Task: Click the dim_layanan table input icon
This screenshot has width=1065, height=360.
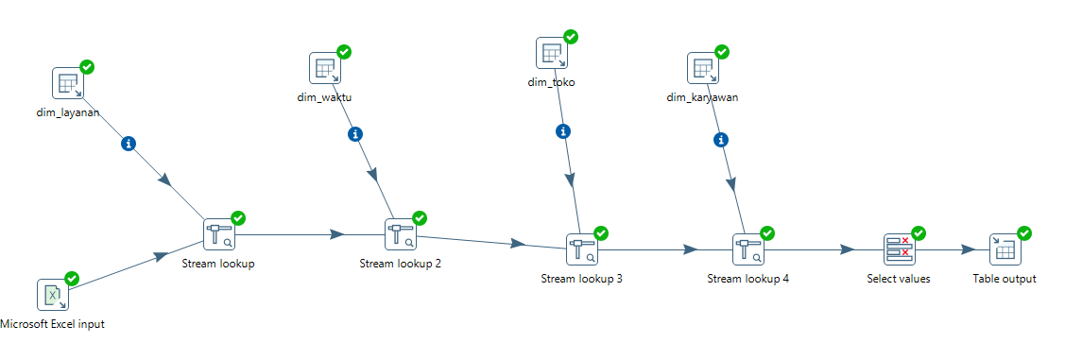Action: coord(69,83)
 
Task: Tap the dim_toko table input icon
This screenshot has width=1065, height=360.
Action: coord(553,53)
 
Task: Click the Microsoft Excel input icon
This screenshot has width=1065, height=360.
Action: coord(53,295)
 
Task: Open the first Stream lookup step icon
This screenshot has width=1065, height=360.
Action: coord(220,235)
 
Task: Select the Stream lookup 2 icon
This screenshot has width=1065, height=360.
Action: coord(402,235)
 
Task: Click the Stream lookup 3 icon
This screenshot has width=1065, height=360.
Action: coord(583,250)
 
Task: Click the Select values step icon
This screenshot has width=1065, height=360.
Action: coord(900,250)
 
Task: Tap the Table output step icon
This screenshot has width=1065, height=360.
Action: coord(1005,250)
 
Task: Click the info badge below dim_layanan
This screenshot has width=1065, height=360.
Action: coord(129,144)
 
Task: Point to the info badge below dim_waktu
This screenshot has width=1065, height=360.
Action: coord(354,134)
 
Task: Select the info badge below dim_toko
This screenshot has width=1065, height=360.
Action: coord(562,131)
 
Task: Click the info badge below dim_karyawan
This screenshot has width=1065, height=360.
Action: coord(721,141)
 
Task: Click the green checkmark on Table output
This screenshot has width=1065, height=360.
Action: coord(1024,233)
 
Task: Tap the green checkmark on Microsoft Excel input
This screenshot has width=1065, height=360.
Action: coord(71,278)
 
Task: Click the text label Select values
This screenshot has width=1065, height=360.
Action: coord(899,279)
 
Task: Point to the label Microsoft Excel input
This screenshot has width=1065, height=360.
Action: coord(53,324)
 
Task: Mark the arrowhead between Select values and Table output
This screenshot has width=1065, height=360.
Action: coord(968,250)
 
